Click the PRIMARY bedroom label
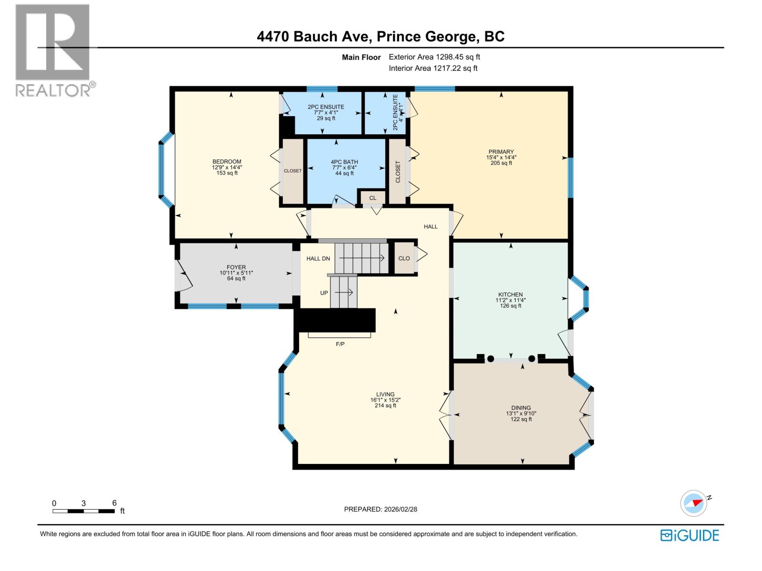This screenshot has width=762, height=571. [x=501, y=152]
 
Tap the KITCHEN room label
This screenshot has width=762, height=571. [x=511, y=295]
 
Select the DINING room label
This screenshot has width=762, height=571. [x=521, y=408]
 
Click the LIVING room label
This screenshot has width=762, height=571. [x=385, y=394]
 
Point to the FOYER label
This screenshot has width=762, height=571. [x=236, y=267]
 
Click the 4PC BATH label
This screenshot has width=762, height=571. [x=344, y=162]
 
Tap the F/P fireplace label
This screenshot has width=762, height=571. [x=340, y=344]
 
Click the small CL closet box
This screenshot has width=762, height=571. [x=372, y=198]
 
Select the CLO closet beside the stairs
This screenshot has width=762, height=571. [x=404, y=258]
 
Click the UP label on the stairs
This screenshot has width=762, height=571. [x=324, y=293]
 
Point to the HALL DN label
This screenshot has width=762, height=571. [x=318, y=258]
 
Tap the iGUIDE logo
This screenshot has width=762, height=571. [x=690, y=535]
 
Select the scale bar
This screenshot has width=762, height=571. [x=83, y=511]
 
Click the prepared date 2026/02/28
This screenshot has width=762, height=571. [x=381, y=509]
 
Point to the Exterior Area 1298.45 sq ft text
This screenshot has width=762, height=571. [x=434, y=57]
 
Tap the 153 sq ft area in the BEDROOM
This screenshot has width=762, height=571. [x=227, y=173]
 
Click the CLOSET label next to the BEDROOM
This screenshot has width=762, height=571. [x=292, y=171]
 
